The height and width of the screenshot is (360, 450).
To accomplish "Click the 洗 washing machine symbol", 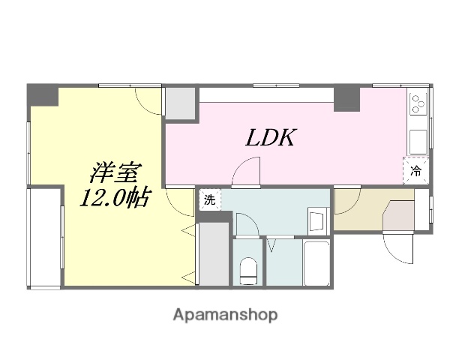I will click(x=209, y=200).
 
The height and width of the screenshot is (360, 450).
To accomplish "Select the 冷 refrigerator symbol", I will click(x=417, y=171).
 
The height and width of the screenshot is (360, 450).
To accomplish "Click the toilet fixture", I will click(x=247, y=271).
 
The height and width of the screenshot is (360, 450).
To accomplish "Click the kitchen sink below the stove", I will click(x=417, y=141).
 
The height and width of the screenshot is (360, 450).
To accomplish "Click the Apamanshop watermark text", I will click(x=224, y=315).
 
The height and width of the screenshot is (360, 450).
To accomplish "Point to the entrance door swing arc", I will click(x=397, y=246).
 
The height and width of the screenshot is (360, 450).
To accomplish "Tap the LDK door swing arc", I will click(x=245, y=173).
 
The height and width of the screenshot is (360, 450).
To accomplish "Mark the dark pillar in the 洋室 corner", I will click(x=42, y=95).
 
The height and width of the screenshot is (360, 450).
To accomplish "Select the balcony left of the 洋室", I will click(x=45, y=236).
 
